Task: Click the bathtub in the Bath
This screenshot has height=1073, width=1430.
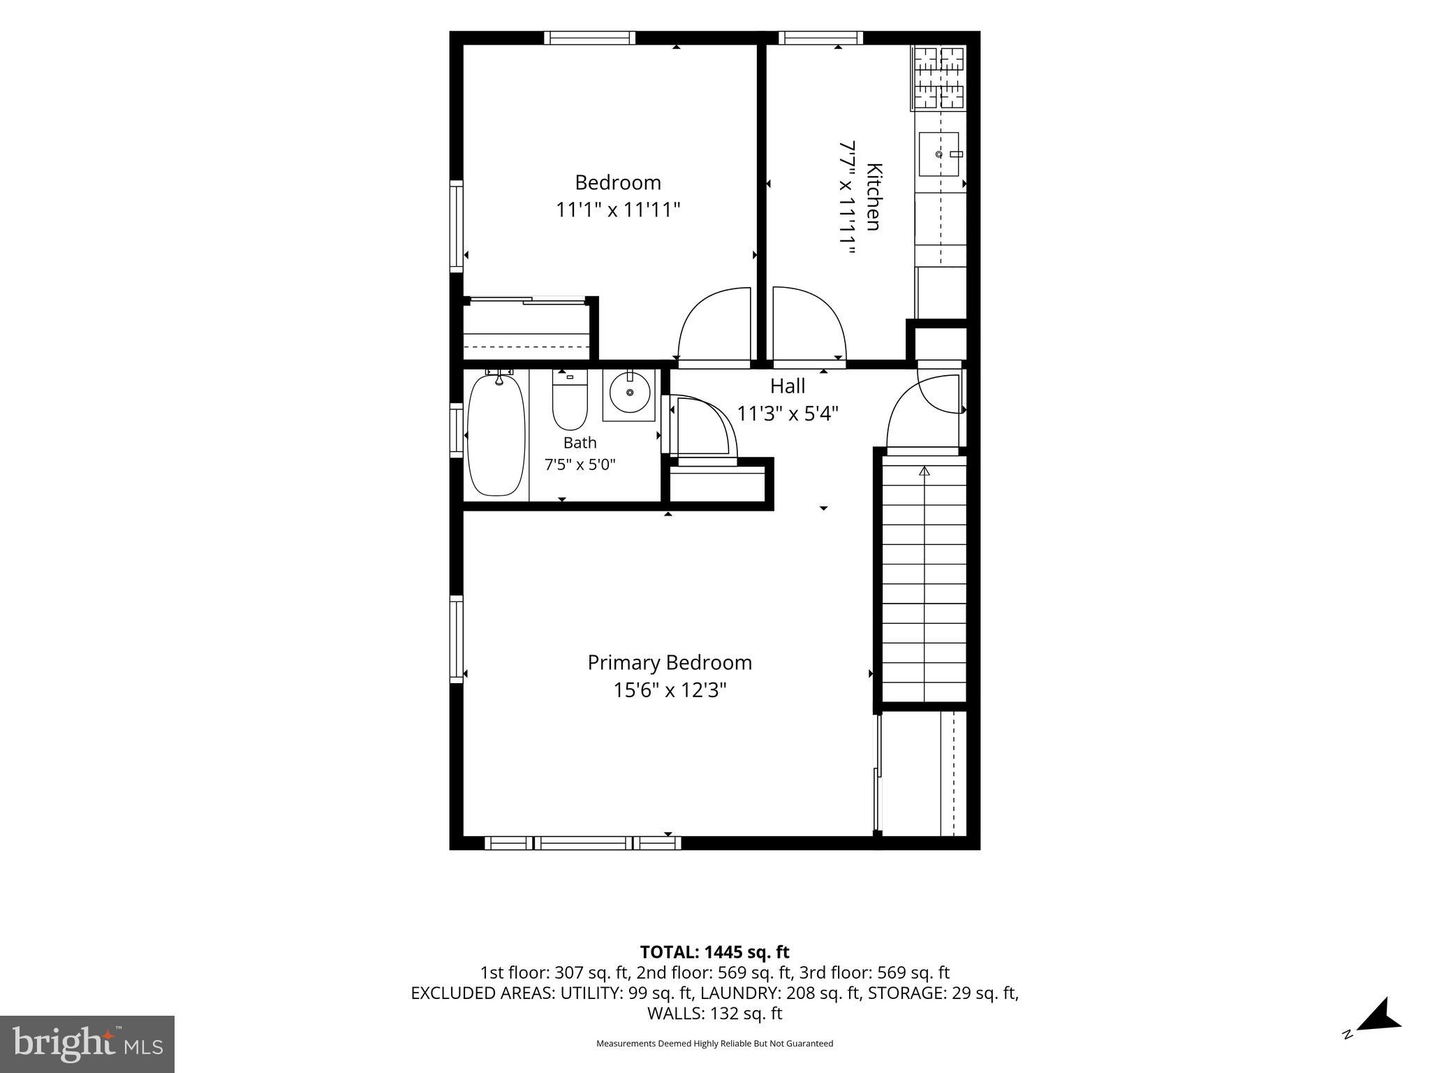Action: (496, 435)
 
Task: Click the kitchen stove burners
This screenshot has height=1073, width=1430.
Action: (939, 78)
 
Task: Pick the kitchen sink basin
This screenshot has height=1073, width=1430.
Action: (939, 154)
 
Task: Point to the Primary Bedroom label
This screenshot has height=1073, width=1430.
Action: (670, 662)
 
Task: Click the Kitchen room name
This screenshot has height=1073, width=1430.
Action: (874, 196)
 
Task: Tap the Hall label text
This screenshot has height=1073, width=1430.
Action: (788, 386)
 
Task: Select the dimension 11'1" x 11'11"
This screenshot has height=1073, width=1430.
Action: (618, 210)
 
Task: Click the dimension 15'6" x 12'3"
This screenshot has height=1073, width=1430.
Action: (670, 690)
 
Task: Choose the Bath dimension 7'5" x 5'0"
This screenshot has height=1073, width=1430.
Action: (580, 465)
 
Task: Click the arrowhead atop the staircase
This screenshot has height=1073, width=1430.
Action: (924, 471)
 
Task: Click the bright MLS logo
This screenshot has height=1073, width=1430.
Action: (87, 1044)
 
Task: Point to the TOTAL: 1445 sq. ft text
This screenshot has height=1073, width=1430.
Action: (714, 951)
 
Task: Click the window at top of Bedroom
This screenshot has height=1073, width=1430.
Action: (590, 38)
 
